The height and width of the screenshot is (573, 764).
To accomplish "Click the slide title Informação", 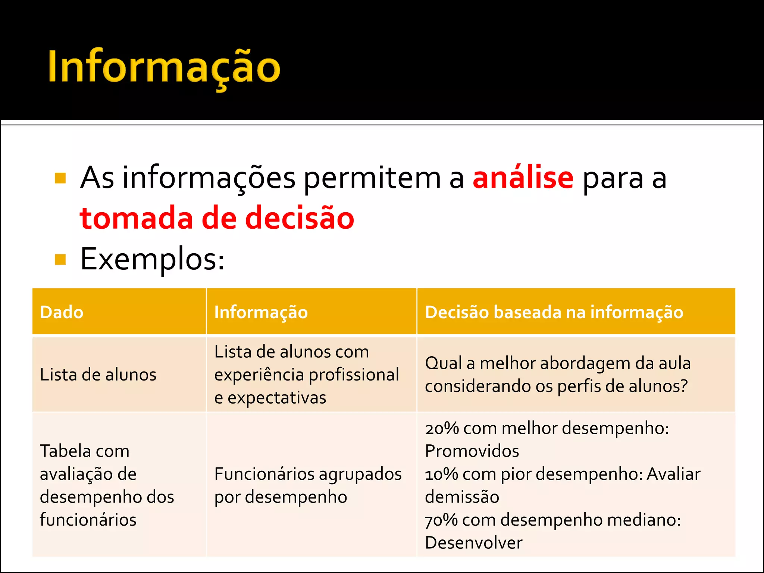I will click(164, 67).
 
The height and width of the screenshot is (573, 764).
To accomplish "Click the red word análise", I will click(523, 178).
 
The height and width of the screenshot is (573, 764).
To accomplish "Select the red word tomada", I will click(137, 218).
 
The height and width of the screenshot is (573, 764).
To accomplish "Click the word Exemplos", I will click(152, 259).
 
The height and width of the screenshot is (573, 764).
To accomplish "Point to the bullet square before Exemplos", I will click(60, 259).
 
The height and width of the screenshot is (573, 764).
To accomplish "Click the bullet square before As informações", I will click(60, 178).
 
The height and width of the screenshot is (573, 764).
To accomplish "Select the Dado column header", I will click(62, 312).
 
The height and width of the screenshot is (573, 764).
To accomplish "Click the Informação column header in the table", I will click(261, 312).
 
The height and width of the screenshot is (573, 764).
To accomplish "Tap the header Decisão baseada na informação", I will click(554, 312).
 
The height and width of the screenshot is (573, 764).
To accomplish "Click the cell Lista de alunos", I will click(98, 375).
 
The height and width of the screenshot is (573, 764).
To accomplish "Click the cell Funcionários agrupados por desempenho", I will click(308, 485).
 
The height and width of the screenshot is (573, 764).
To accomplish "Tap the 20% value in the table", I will click(442, 428).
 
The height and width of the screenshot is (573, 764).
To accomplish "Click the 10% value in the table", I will click(441, 474).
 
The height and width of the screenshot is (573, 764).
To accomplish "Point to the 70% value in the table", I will click(441, 520).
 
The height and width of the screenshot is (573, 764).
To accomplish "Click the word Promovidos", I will click(472, 451).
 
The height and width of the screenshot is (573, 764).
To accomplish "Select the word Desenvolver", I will click(473, 543).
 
